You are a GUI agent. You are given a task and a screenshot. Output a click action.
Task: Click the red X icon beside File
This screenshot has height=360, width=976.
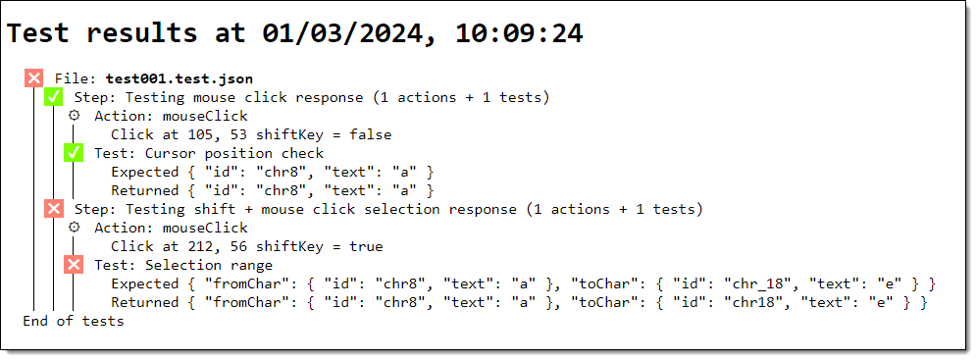point(33,78)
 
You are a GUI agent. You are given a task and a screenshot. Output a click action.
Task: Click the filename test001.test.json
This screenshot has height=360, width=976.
point(180,79)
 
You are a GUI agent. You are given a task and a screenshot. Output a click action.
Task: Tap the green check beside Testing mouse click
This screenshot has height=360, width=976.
point(54,97)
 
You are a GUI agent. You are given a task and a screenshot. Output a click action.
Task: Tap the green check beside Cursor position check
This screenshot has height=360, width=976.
point(74,153)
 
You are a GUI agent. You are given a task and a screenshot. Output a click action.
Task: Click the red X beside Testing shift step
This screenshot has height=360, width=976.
point(54,209)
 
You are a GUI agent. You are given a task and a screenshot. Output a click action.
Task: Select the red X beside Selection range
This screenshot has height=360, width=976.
point(74,265)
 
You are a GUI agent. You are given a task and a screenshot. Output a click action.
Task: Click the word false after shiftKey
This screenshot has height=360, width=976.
point(371,134)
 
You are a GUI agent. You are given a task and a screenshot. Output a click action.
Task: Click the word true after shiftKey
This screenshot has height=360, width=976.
point(366,246)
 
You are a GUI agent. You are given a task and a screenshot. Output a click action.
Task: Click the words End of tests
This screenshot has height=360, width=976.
point(74,321)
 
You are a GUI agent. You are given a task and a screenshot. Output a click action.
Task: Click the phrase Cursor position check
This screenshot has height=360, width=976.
point(234,153)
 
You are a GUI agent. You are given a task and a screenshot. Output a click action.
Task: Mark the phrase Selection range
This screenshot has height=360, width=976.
point(209,265)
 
